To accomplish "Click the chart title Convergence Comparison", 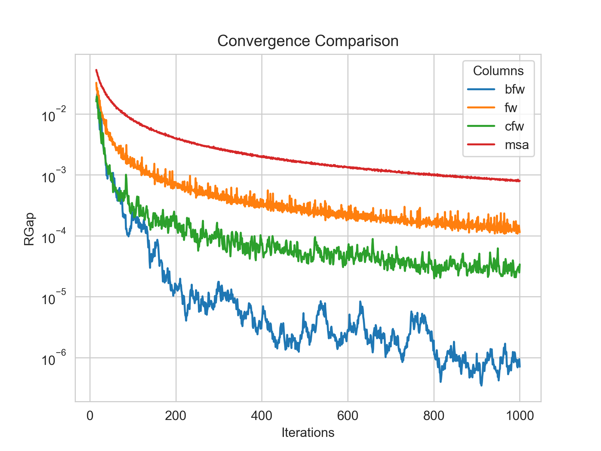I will [308, 41].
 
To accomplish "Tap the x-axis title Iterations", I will [308, 433].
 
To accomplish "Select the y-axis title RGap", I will [29, 229].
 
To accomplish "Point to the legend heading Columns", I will [498, 71].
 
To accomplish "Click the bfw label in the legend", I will [514, 90].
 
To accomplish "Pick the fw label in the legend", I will [511, 108].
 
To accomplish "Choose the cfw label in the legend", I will [514, 126].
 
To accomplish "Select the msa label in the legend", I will [516, 145].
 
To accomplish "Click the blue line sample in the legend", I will [481, 90].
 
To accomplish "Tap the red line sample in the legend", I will [481, 145].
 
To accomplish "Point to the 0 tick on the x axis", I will [90, 416].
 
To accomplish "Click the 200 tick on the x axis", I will [176, 416].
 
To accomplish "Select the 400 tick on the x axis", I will [262, 416].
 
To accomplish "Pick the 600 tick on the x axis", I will [348, 416].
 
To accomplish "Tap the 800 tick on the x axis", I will [434, 416].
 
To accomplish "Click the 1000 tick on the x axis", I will [520, 416].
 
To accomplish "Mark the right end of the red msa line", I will [520, 181].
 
